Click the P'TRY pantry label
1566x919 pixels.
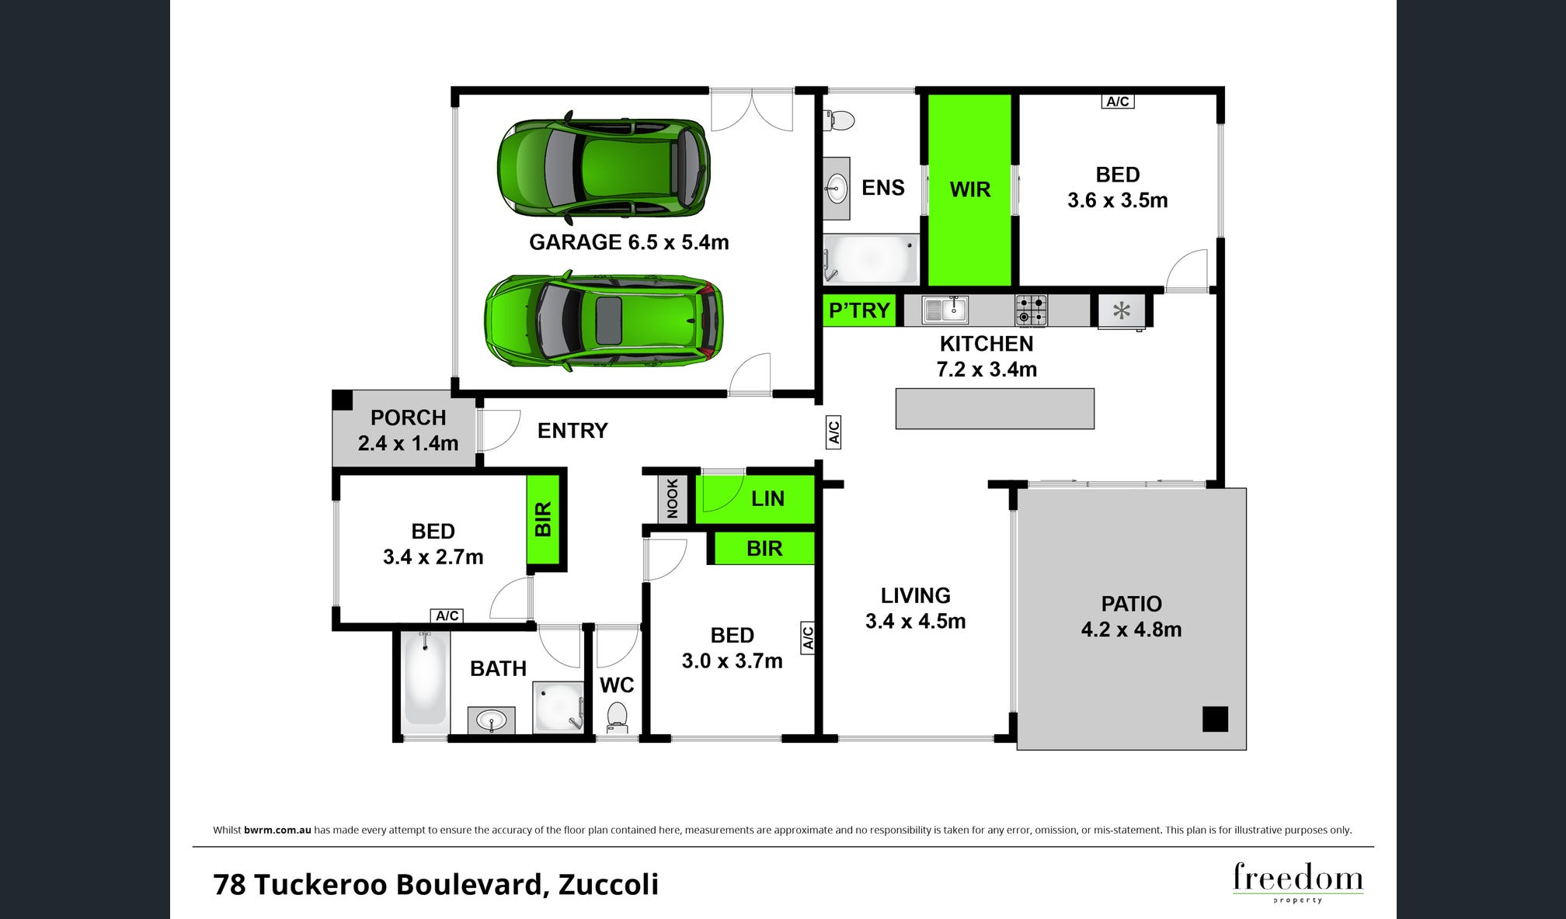[x=859, y=310]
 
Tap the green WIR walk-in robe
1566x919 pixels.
[x=970, y=189]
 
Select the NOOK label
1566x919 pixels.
[x=673, y=498]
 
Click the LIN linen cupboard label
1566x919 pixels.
[x=767, y=498]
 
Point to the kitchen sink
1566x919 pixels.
[x=945, y=310]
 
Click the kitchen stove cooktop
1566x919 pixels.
[x=1031, y=310]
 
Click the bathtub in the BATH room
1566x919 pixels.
[x=426, y=678]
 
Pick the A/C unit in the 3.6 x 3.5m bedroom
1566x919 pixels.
[x=1118, y=101]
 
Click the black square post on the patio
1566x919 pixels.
[x=1215, y=719]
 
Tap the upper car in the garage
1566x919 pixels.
[x=604, y=167]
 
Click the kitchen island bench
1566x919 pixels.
[x=995, y=408]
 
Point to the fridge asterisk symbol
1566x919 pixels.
[x=1121, y=311]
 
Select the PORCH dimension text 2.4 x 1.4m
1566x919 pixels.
[x=408, y=443]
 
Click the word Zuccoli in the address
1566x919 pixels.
[x=608, y=884]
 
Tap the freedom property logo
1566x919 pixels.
[x=1298, y=882]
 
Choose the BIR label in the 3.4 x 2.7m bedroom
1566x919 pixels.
[x=543, y=519]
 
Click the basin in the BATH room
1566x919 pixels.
[x=491, y=721]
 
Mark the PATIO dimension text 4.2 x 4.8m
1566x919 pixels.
[x=1131, y=629]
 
